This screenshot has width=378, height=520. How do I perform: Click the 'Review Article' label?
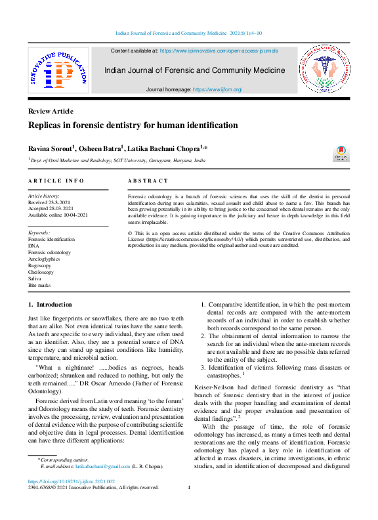(51, 111)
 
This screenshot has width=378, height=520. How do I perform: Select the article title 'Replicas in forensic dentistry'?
(123, 125)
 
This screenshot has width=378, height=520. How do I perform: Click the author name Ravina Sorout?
(51, 148)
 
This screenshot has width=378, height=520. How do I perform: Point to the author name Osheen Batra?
(100, 148)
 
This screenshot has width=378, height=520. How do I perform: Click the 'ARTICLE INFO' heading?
(56, 181)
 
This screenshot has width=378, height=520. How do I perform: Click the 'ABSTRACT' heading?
(148, 181)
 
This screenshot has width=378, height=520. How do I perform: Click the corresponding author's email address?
(102, 466)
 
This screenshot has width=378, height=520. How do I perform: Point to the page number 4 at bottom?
(189, 487)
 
